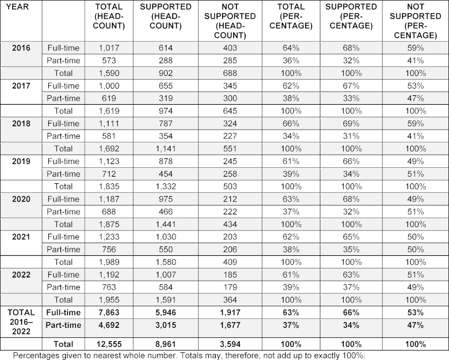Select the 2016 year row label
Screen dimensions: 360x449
click(20, 48)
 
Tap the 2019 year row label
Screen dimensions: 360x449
click(20, 161)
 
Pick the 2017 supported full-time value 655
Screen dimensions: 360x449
click(166, 86)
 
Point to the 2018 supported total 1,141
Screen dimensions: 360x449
click(166, 148)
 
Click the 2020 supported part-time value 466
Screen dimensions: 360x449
click(166, 212)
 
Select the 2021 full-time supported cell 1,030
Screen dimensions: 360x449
click(166, 237)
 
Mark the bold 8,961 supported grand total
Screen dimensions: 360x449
click(166, 344)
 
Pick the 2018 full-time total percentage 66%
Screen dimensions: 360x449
click(289, 124)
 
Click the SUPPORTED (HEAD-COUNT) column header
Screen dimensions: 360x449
click(166, 16)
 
